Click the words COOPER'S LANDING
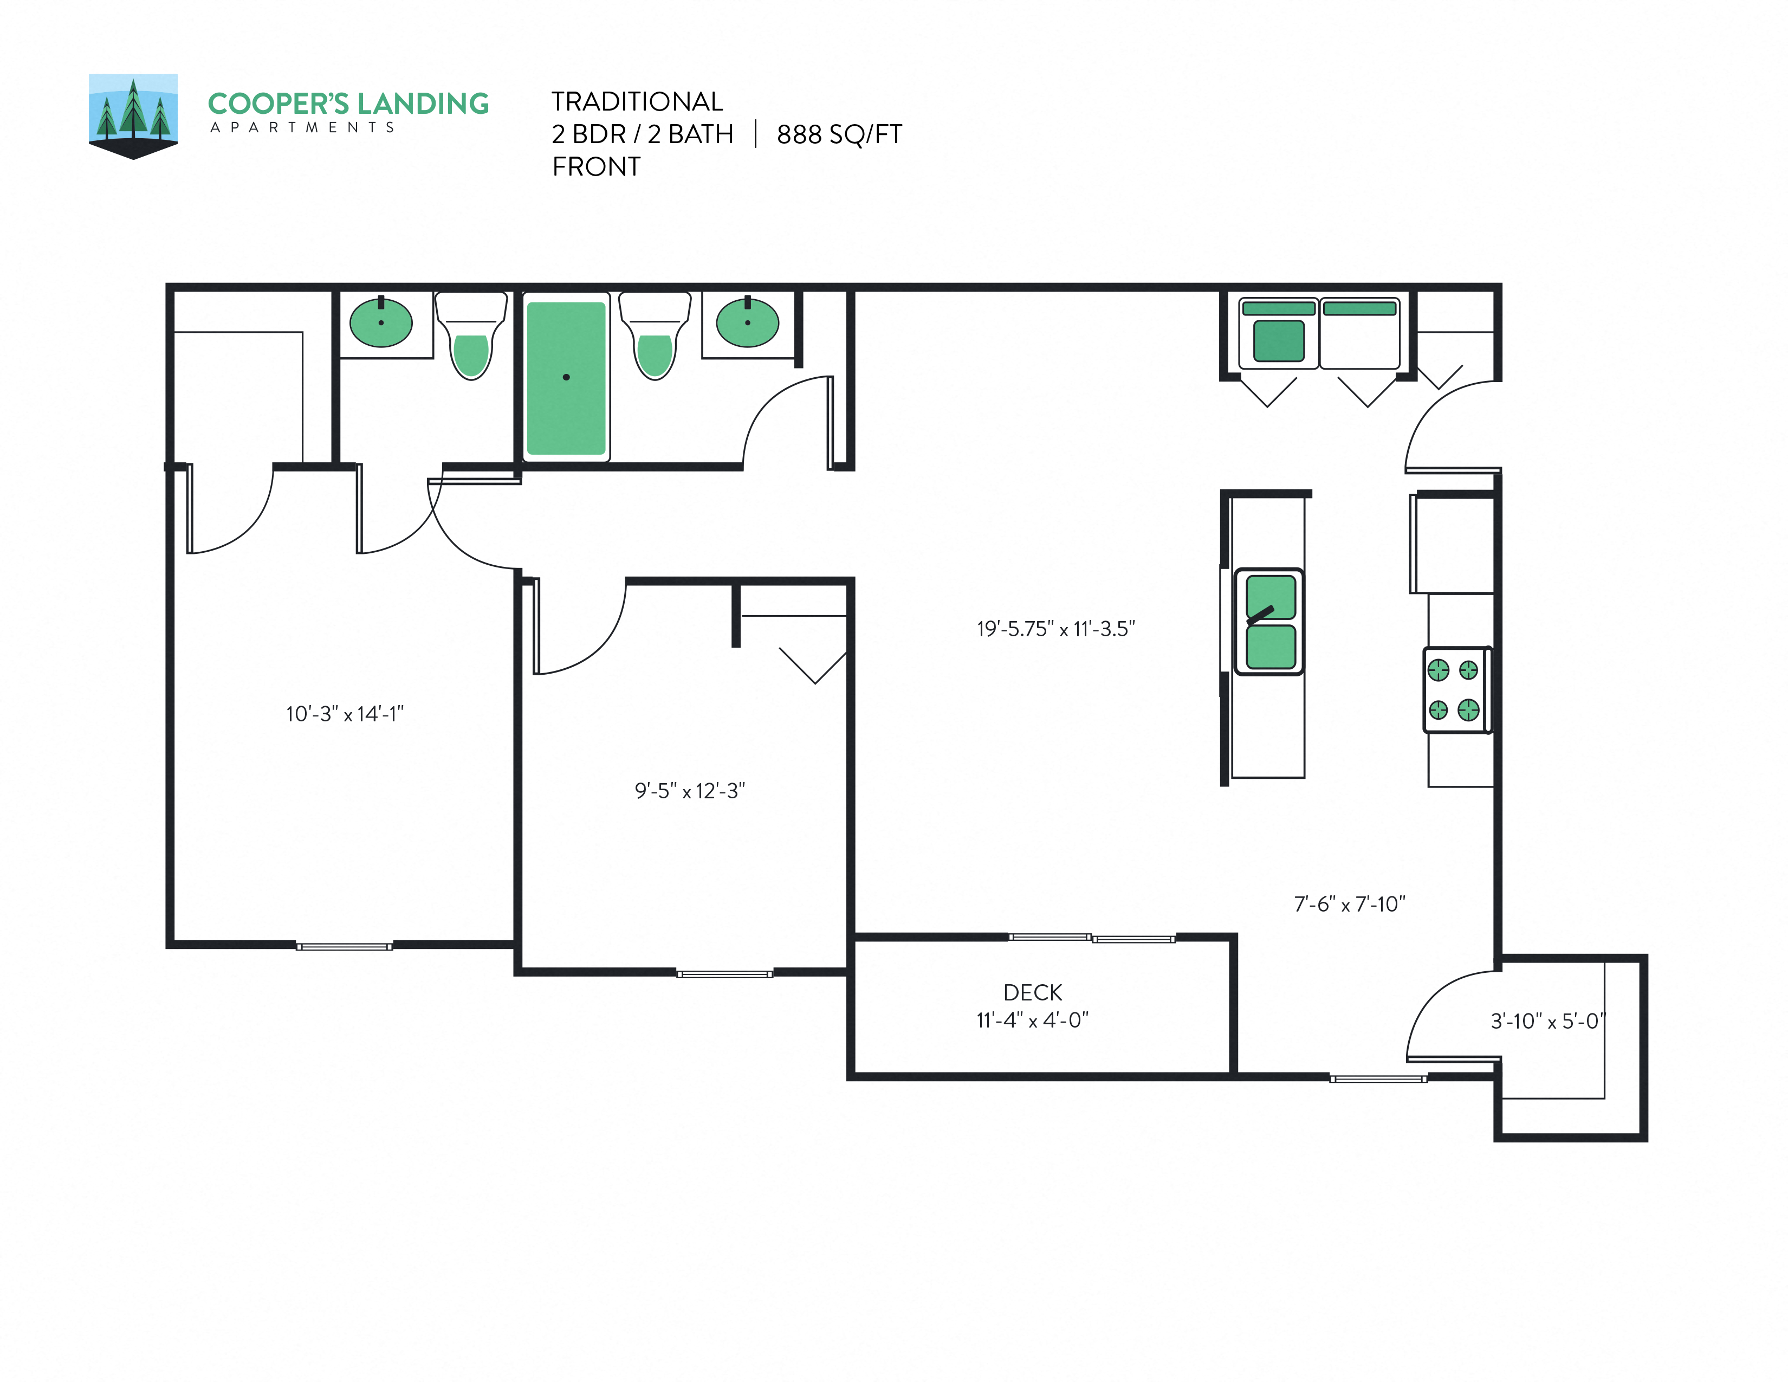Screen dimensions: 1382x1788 348,104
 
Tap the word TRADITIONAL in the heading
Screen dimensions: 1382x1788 637,101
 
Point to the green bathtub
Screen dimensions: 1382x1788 566,377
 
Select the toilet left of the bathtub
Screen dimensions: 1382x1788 471,344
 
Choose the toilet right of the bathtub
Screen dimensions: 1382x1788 654,344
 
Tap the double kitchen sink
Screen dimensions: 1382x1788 1270,622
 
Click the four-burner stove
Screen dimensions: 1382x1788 1456,690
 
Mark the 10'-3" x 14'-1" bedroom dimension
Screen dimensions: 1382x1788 345,714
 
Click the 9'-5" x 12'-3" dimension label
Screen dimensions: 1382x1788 689,791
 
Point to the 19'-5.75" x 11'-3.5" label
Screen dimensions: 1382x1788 1055,629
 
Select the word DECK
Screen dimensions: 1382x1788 1032,992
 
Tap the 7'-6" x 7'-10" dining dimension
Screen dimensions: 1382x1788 1349,904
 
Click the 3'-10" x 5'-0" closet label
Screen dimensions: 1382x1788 1547,1021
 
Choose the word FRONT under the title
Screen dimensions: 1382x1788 596,167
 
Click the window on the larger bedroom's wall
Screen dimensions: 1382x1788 344,946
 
